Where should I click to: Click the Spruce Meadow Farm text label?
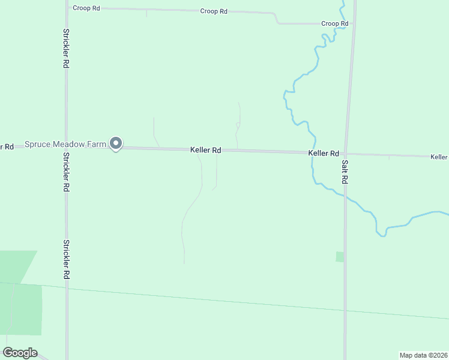coord(65,145)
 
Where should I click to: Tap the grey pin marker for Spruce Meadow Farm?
coord(116,143)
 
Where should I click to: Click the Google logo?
coord(20,353)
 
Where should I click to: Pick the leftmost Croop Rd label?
coord(86,8)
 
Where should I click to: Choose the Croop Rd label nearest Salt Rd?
coord(334,23)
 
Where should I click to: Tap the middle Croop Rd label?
coord(214,11)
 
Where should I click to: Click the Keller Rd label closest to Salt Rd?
coord(324,154)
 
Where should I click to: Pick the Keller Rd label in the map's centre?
coord(206,150)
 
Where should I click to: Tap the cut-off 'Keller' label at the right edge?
coord(439,157)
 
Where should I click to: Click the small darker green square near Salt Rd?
coord(340,257)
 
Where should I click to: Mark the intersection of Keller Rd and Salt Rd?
coord(347,154)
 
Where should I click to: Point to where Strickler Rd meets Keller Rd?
coord(66,145)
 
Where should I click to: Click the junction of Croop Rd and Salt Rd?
coord(353,24)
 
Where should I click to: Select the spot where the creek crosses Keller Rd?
coord(312,152)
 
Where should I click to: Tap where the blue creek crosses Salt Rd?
coord(345,196)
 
